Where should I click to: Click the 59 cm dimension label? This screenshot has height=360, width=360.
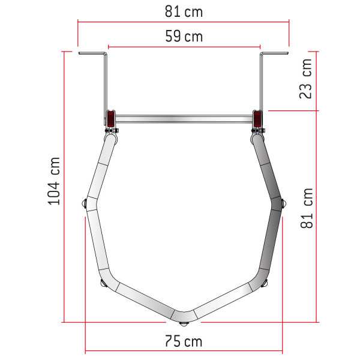coord(184,37)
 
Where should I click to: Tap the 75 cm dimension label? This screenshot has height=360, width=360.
coord(184,341)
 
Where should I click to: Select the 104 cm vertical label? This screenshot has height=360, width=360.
coord(54,181)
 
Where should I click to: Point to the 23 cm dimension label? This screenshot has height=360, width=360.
coord(305,79)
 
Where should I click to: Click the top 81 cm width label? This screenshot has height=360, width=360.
coord(184,12)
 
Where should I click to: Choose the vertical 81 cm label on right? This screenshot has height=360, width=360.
coord(307,208)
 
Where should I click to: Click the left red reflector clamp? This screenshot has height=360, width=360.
coord(111,119)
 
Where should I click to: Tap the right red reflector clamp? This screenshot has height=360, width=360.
coord(257,119)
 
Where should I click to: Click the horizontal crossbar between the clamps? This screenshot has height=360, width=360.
coord(184,119)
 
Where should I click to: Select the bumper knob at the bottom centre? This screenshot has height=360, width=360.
coord(184,324)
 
